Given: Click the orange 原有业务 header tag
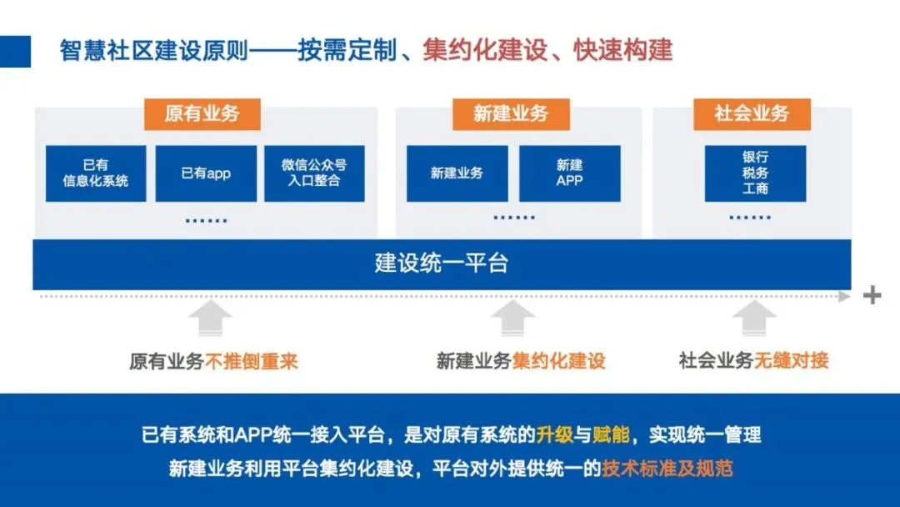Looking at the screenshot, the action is tap(202, 113).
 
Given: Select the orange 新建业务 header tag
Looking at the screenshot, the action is tap(511, 113).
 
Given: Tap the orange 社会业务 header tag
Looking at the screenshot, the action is tap(752, 113).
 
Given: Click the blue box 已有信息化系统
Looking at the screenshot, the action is tap(96, 173).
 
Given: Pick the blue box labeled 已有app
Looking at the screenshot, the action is tap(206, 173).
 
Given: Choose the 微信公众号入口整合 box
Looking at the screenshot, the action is tap(314, 173).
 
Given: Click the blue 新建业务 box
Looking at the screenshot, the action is tap(457, 173).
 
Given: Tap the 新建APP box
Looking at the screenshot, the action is tap(570, 173).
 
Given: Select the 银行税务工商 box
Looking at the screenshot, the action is tap(755, 173).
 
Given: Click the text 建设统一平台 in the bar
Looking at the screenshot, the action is tap(442, 264).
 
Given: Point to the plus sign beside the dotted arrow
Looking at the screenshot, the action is tap(872, 295).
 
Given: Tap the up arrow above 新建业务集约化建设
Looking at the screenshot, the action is tap(512, 319).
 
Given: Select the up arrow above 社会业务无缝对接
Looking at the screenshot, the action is tap(754, 319).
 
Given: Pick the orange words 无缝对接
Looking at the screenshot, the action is tap(792, 361).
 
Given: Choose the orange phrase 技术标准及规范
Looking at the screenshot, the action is tap(667, 468).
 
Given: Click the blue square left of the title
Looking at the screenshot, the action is tap(15, 51).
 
